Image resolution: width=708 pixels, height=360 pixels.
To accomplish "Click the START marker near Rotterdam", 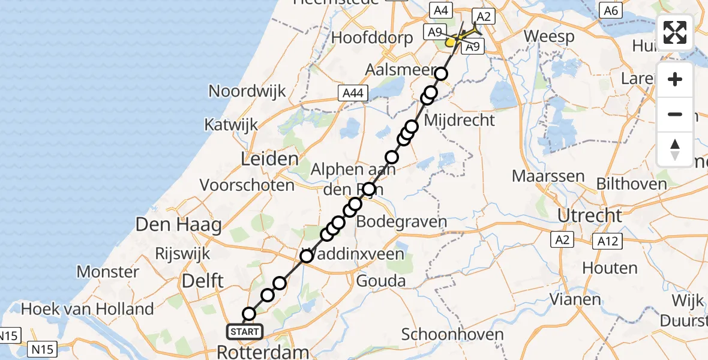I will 245,331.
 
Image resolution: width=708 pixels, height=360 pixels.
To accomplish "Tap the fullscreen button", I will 675,32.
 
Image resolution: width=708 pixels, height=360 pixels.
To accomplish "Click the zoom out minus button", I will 675,114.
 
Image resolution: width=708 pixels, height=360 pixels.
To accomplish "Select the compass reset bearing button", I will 675,149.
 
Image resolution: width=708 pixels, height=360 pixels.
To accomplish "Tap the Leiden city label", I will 269,159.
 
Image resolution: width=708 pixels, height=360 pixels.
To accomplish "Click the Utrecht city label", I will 589,215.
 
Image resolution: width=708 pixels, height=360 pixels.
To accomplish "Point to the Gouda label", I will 381,281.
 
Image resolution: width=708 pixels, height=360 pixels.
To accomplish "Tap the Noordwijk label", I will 247,91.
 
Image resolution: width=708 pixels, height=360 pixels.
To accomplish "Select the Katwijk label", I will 231,125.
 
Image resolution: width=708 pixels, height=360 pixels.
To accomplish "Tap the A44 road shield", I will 352,92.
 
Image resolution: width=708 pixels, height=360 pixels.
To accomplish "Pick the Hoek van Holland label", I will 88,309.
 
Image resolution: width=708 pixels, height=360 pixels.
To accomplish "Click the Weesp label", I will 549,36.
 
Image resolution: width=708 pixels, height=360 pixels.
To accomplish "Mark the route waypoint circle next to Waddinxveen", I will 307,256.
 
